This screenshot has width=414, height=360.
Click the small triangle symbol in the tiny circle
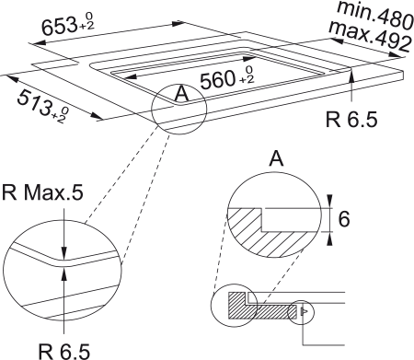point(301,312)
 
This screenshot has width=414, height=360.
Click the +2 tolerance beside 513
point(59,114)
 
